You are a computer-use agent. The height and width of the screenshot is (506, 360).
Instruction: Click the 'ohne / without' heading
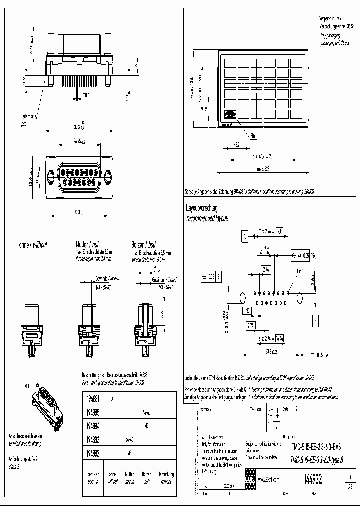pos(33,245)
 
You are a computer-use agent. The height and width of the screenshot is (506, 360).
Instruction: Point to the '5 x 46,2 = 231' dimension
pos(263,156)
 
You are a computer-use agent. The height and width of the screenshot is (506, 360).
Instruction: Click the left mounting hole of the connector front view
pos(51,176)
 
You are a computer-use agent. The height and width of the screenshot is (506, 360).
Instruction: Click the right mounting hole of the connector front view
pos(108,176)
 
